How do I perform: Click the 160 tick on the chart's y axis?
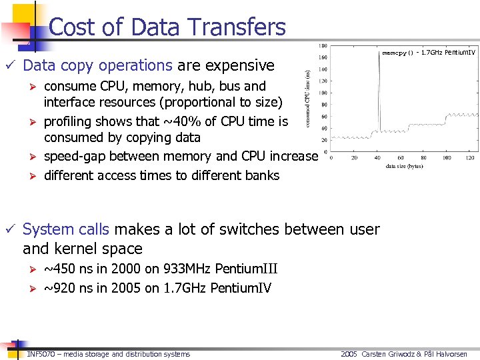323,57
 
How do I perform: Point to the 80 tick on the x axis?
424,158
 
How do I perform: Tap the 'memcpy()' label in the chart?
397,53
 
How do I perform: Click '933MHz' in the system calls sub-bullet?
164,269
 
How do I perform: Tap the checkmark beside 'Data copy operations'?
9,65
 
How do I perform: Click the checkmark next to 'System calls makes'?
9,229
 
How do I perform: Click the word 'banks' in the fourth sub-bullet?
261,175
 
